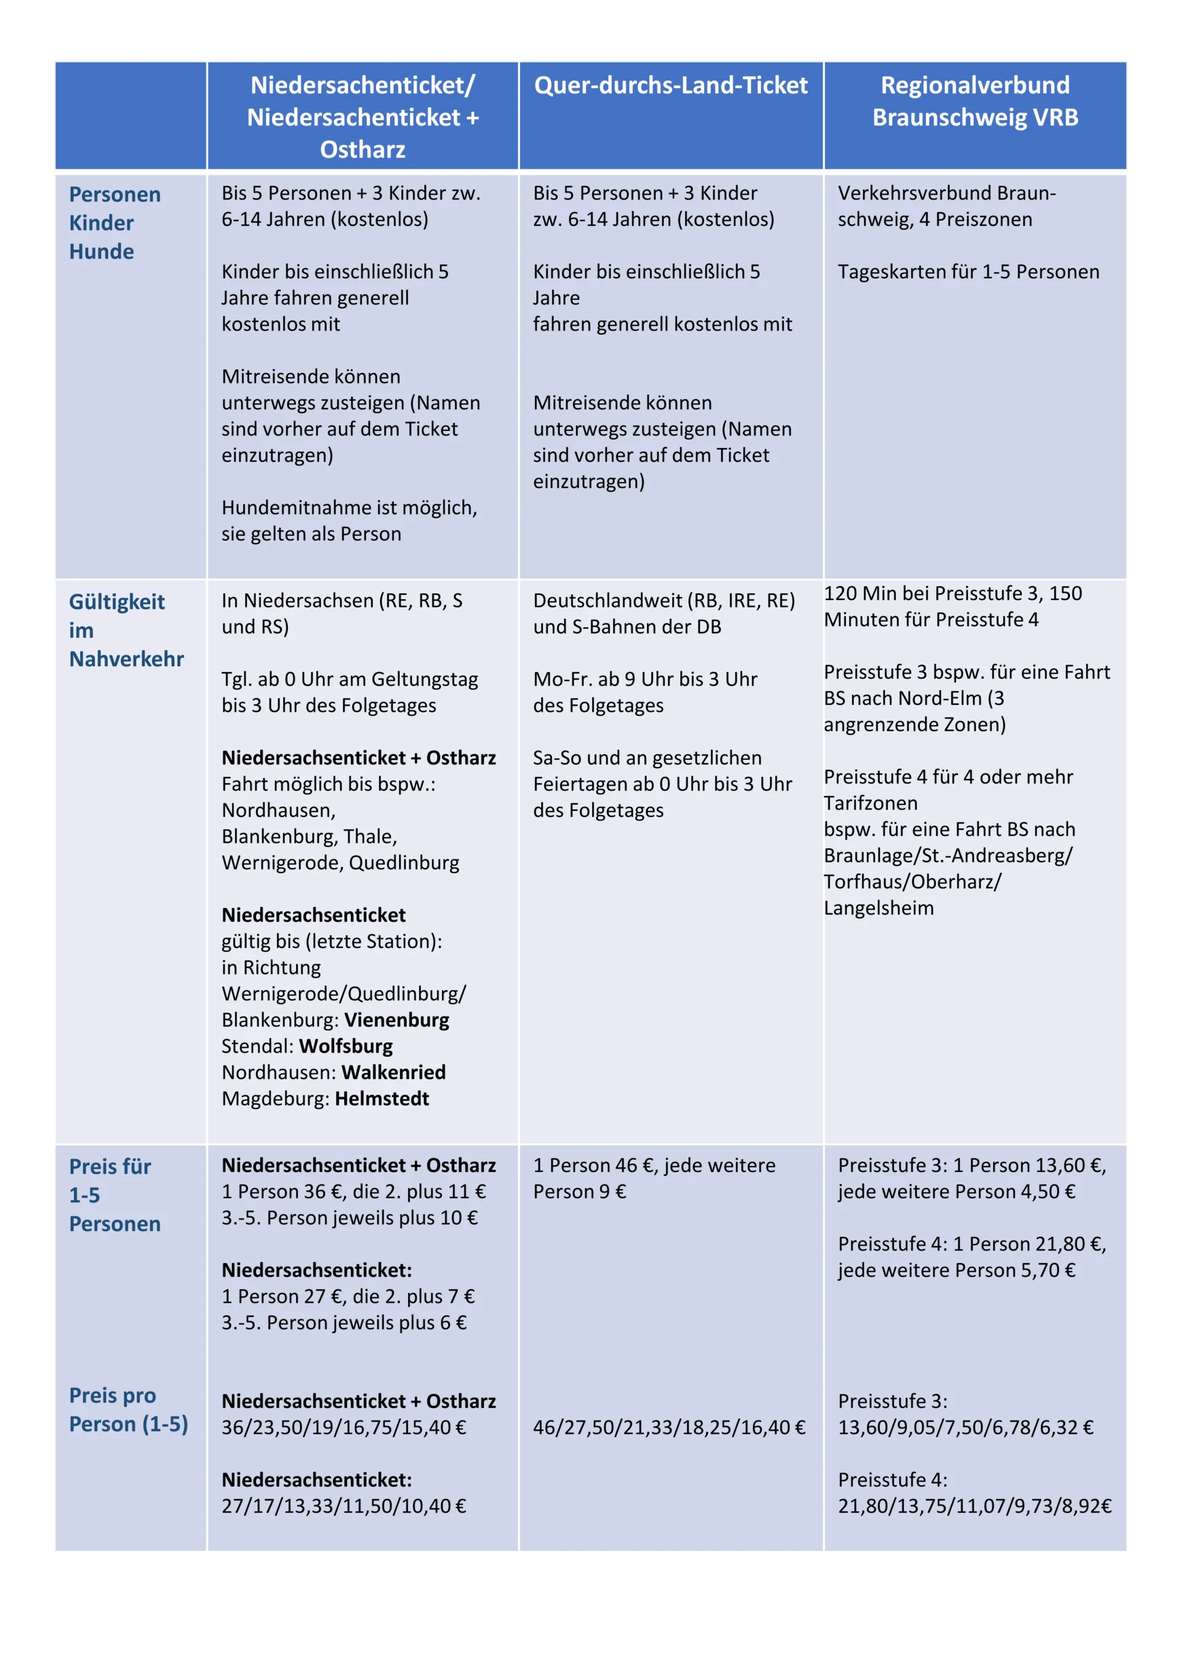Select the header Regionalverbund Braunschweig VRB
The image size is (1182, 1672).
coord(975,101)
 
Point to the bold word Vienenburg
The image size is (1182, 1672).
coord(396,1019)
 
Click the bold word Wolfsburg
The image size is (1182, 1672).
coord(346,1046)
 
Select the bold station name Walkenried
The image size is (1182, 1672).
coord(393,1072)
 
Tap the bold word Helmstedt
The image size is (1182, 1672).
coord(382,1098)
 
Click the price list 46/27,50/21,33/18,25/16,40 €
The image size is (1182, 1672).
coord(669,1428)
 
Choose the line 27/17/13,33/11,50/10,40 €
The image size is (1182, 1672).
coord(344,1506)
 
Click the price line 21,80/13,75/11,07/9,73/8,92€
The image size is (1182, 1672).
coord(975,1506)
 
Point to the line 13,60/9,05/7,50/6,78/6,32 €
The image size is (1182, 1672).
coord(965,1428)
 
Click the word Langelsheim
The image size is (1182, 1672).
coord(878,908)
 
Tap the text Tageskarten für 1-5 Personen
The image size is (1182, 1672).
coord(968,271)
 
